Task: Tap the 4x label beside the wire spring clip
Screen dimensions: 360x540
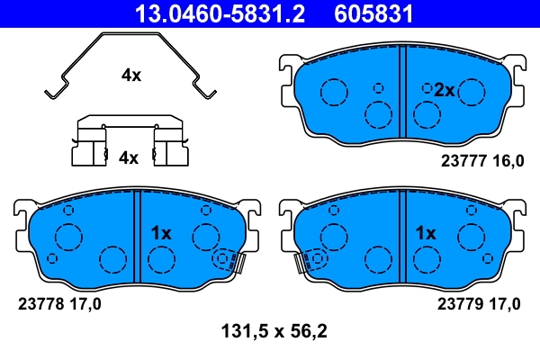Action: tap(131, 76)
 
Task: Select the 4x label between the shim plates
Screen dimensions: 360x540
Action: tap(129, 157)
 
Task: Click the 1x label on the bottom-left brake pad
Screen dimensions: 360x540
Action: tap(161, 232)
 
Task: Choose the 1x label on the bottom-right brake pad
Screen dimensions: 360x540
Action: tap(425, 232)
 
